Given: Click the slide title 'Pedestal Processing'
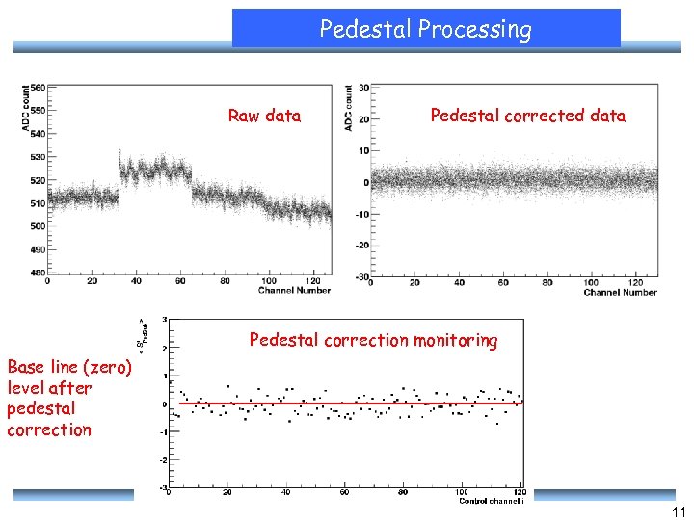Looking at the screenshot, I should tap(425, 30).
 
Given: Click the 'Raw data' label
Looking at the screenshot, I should tap(264, 117).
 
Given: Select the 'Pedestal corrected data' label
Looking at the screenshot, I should tap(527, 117).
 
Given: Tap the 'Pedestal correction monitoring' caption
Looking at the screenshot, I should tap(373, 340).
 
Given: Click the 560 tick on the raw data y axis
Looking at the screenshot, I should tap(37, 87).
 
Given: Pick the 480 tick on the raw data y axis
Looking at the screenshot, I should tap(37, 273).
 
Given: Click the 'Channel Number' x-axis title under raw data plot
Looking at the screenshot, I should tap(294, 290).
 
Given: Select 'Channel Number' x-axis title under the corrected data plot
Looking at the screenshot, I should tap(620, 292).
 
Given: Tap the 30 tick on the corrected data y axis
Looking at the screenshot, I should tap(363, 88).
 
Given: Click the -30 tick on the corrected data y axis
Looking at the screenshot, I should tap(361, 277).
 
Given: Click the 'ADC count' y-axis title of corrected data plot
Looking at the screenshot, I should tap(348, 108).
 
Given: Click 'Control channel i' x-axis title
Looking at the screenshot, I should tap(492, 500).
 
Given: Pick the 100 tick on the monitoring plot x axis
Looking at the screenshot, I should tap(462, 492).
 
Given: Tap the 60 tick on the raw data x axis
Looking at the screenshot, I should tap(180, 281).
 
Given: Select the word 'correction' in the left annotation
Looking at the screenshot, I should tap(49, 430).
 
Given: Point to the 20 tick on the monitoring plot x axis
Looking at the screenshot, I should tap(227, 492).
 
